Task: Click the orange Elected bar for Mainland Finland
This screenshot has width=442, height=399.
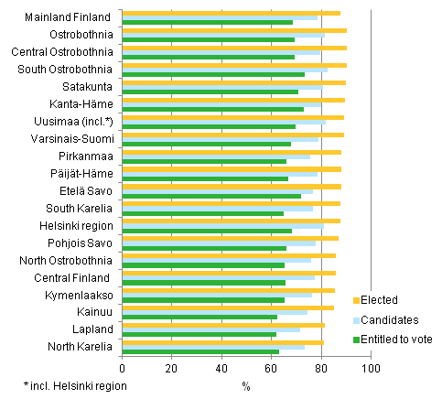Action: coord(229,13)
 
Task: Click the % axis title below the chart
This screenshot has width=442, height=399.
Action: coord(246,385)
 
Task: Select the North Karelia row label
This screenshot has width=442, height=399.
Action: coord(81,347)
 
